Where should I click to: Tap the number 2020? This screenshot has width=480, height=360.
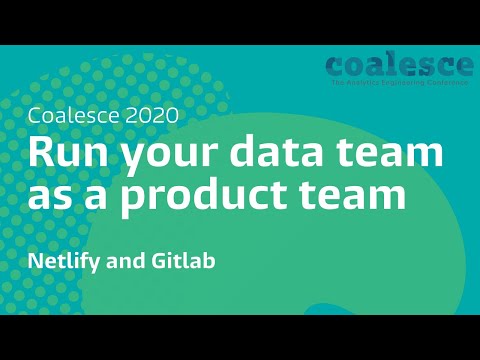(152, 115)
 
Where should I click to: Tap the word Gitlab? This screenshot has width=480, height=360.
(188, 262)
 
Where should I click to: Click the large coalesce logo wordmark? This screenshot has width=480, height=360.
(399, 65)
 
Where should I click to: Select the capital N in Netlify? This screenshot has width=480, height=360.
(35, 262)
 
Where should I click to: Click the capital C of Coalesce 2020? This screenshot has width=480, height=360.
(36, 115)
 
